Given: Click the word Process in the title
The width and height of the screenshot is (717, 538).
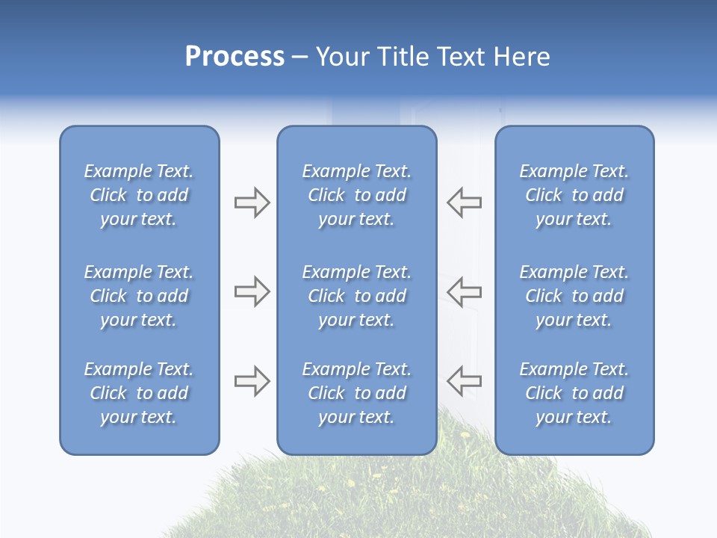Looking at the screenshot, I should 235,57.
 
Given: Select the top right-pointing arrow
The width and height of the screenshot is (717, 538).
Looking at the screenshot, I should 252,202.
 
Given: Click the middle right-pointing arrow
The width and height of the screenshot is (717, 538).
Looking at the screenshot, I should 252,291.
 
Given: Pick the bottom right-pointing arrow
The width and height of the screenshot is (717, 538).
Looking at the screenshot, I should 252,381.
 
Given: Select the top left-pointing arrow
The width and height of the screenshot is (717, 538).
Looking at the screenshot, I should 464,202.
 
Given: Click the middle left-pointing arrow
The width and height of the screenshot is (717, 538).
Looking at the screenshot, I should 464,291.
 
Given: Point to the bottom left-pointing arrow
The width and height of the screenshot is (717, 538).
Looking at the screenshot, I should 464,381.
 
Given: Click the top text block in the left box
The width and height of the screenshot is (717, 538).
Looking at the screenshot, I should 139,195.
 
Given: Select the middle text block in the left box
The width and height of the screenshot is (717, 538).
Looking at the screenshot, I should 139,296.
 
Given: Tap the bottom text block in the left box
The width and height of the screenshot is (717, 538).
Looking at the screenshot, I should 139,393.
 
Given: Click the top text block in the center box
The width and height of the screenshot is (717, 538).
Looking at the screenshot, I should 356,195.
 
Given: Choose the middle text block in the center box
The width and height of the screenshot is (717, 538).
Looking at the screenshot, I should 356,296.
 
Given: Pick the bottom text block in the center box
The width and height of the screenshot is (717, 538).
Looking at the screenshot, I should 356,393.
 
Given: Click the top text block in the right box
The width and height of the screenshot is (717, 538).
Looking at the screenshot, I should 574,195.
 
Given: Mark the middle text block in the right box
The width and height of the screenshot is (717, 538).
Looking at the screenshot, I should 574,296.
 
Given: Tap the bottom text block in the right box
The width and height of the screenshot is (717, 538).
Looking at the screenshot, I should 574,393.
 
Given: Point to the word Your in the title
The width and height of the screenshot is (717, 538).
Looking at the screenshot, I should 342,57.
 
